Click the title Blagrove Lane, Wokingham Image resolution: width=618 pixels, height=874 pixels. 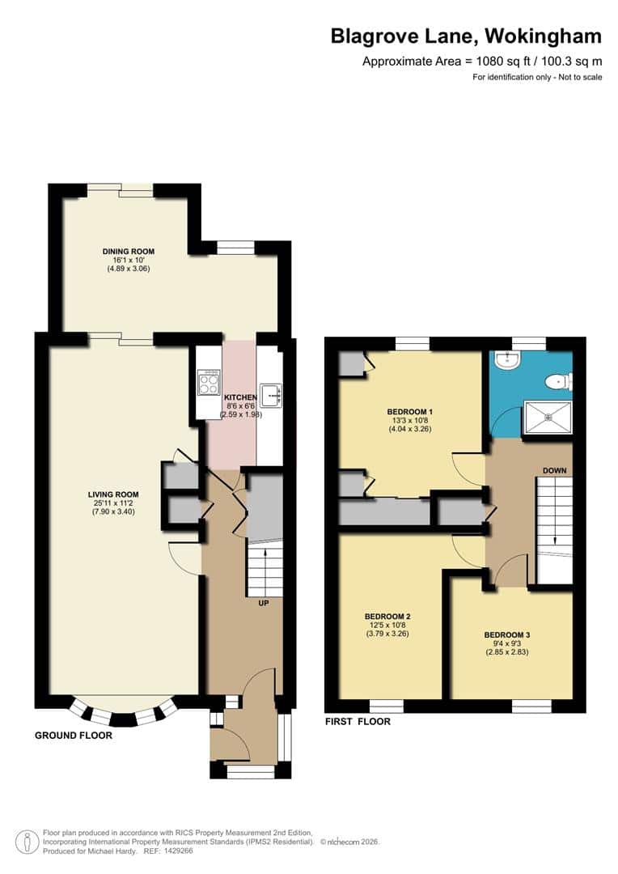pos(466,36)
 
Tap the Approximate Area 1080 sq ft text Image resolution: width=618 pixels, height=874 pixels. pos(482,62)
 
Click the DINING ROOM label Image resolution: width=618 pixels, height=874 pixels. pos(128,252)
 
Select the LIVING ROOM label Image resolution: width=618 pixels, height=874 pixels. pos(114,494)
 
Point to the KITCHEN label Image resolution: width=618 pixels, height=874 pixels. pos(240,397)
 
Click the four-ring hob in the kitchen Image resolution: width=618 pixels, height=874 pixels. pos(208,382)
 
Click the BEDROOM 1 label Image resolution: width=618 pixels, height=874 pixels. pos(411,412)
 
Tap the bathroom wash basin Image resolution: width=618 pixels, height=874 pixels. pos(507,361)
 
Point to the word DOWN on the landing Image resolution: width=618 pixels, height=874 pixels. pos(555,470)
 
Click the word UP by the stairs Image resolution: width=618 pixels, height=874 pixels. pos(264,604)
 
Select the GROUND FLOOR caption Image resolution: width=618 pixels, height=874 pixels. pos(73,736)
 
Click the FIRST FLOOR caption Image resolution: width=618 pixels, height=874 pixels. pos(358,721)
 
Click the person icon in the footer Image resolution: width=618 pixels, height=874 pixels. pos(29,842)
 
